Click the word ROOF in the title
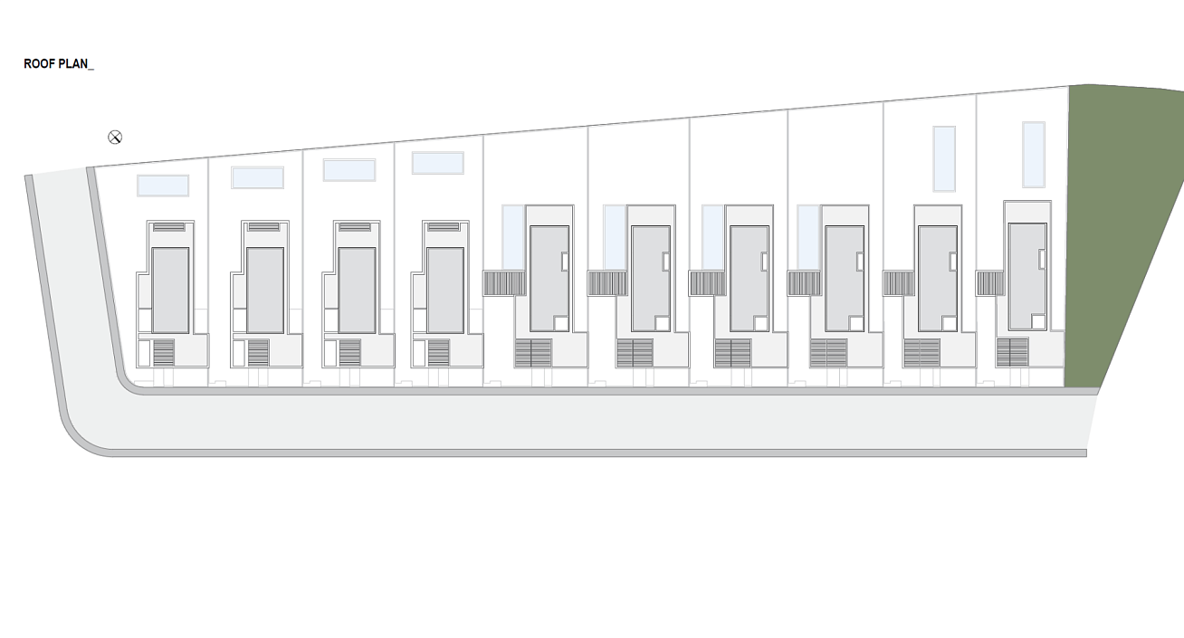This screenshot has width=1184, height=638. (39, 64)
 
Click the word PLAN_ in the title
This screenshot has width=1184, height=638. (76, 64)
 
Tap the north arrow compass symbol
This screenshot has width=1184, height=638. (115, 138)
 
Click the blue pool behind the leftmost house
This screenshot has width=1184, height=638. (163, 186)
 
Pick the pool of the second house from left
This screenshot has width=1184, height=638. (257, 177)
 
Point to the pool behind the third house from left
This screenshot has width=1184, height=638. (349, 170)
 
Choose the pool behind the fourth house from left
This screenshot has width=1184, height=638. (437, 163)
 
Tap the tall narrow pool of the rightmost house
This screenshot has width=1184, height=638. (1034, 155)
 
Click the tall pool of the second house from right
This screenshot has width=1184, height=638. (944, 158)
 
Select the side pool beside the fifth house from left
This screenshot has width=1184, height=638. (512, 238)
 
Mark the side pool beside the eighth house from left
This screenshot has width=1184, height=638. (808, 238)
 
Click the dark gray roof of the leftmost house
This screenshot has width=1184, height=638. (170, 290)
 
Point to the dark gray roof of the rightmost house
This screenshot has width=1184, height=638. (1027, 276)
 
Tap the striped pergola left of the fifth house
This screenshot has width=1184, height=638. (504, 283)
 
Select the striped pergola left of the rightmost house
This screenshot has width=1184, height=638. (990, 283)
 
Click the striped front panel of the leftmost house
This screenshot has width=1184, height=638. (163, 353)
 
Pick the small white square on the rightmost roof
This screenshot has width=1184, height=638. (1038, 321)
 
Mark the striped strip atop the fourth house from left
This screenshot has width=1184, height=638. (444, 227)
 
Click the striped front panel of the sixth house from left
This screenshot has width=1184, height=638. (635, 353)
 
